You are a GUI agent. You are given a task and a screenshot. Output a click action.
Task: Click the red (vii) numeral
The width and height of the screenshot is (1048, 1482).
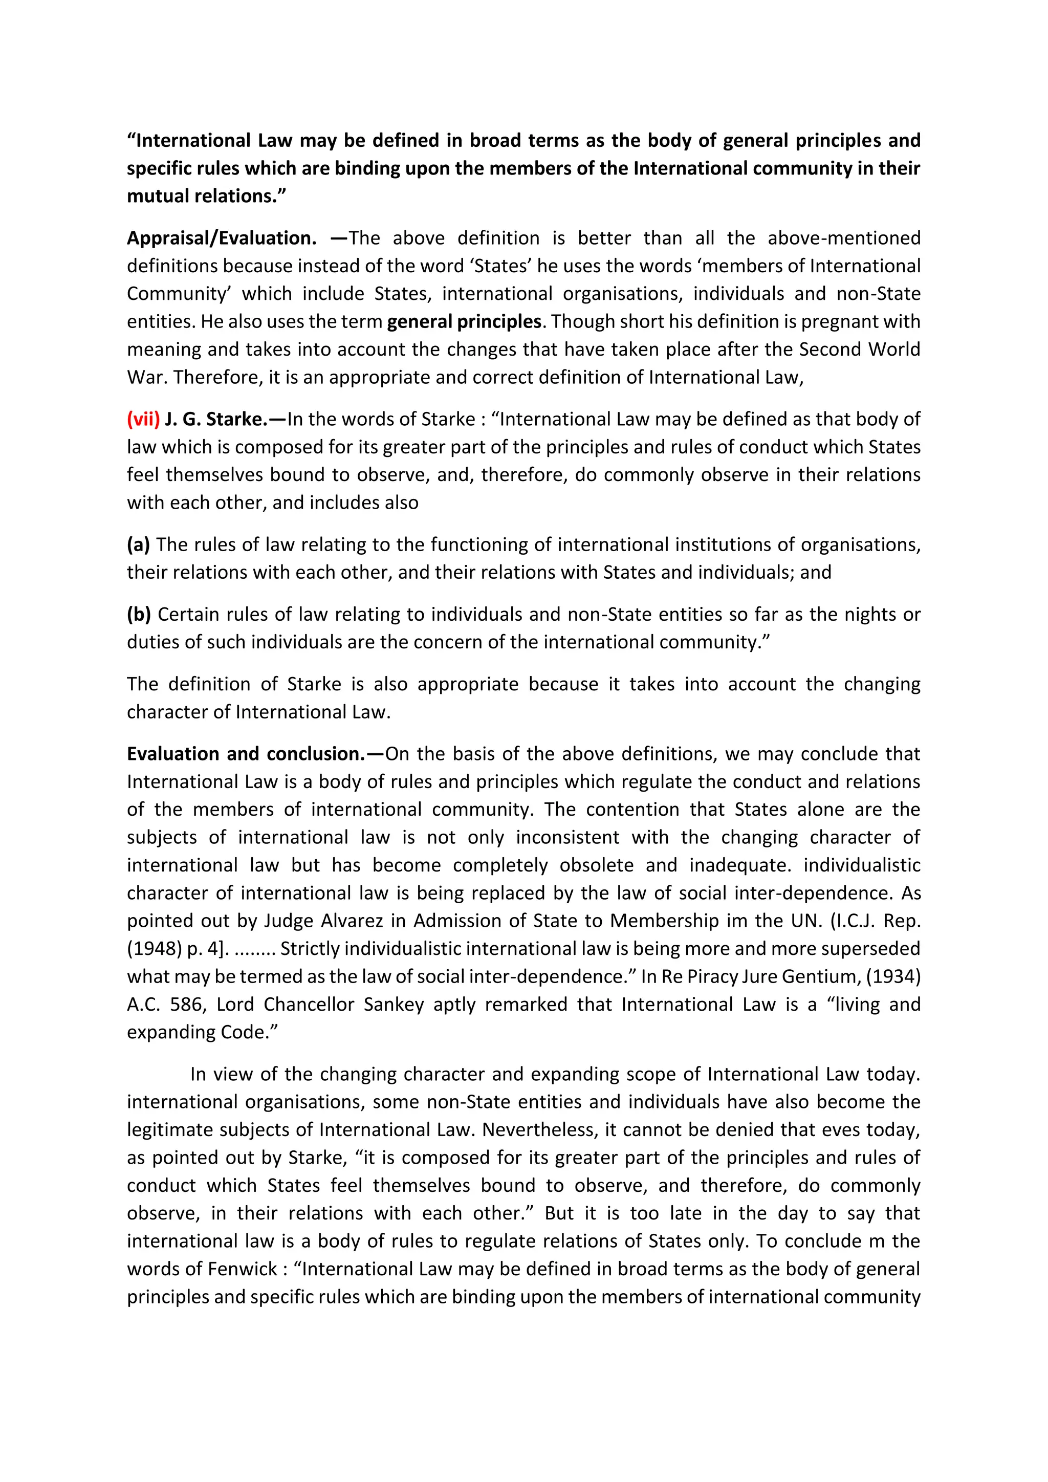tap(143, 420)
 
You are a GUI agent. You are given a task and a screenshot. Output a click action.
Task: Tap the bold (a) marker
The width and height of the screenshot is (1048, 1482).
tap(138, 545)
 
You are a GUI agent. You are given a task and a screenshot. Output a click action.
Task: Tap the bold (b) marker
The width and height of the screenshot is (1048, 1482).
tap(139, 615)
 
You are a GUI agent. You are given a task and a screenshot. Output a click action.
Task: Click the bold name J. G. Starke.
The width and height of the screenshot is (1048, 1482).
tap(215, 420)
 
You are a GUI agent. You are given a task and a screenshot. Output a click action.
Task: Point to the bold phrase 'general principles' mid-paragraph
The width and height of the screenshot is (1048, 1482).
tap(463, 321)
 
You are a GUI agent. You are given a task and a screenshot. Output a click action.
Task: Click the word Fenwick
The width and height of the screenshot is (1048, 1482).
tap(241, 1269)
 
